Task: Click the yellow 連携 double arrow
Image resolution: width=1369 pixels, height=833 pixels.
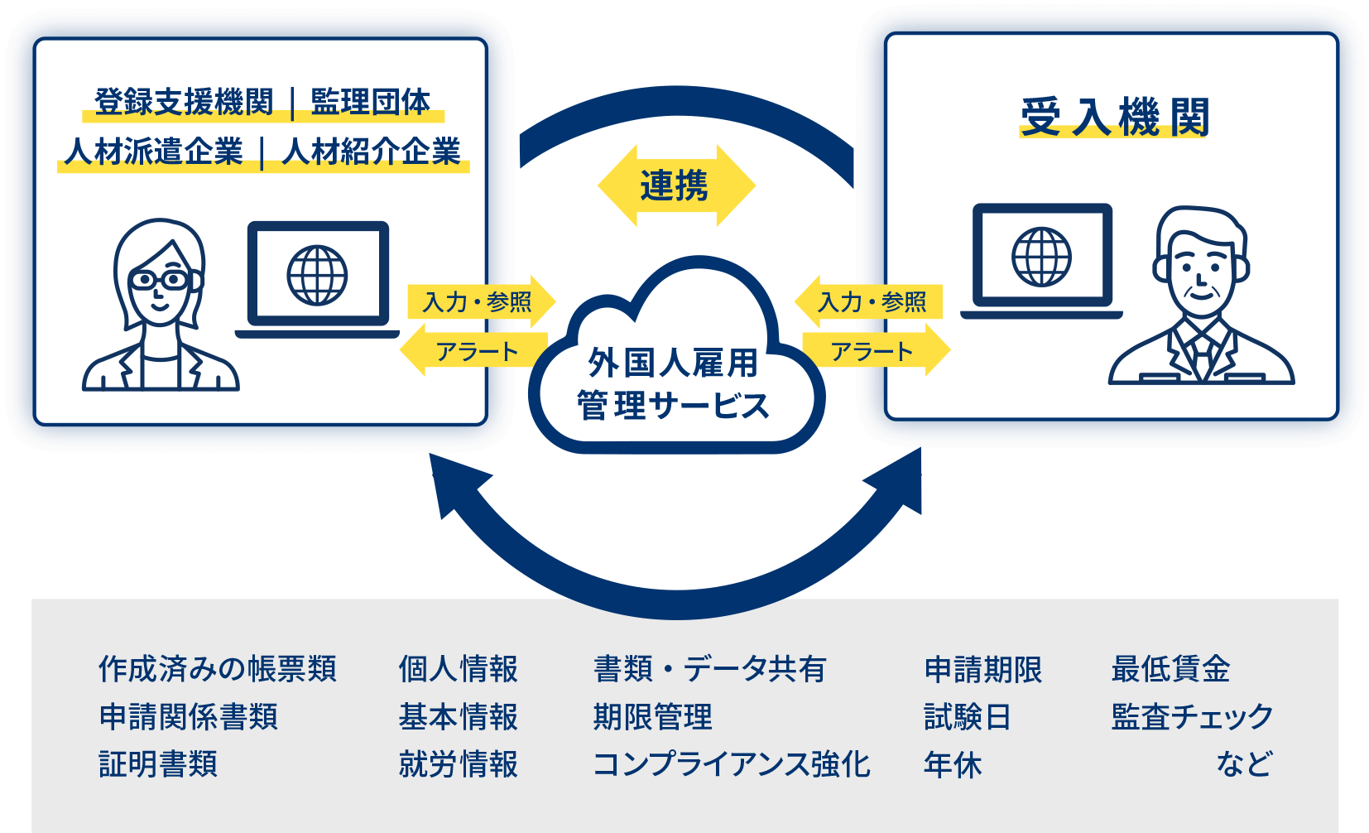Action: (x=675, y=185)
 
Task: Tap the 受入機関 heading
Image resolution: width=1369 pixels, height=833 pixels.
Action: (x=1114, y=117)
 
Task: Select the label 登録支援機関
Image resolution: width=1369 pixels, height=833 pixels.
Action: (x=184, y=102)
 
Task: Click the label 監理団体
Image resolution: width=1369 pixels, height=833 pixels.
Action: (x=370, y=102)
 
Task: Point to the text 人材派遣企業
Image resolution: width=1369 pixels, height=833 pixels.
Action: (x=154, y=152)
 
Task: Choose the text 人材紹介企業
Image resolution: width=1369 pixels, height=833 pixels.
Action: (x=372, y=152)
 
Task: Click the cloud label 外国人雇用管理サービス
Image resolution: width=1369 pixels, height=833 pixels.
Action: (x=673, y=384)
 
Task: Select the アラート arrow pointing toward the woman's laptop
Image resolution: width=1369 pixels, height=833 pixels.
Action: (x=476, y=352)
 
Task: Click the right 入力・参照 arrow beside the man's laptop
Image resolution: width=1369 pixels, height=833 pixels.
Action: (x=872, y=302)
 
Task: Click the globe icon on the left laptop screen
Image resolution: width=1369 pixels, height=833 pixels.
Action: (x=317, y=275)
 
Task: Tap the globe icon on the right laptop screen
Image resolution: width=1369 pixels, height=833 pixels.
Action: (x=1041, y=257)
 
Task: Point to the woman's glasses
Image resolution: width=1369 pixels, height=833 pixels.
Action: (x=159, y=281)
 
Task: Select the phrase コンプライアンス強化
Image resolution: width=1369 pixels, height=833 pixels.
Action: (x=732, y=764)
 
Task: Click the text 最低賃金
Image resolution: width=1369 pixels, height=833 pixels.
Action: (x=1170, y=669)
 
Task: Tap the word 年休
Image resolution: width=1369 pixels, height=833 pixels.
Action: (x=953, y=764)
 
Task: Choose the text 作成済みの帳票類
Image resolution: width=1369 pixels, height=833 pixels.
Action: (x=218, y=669)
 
